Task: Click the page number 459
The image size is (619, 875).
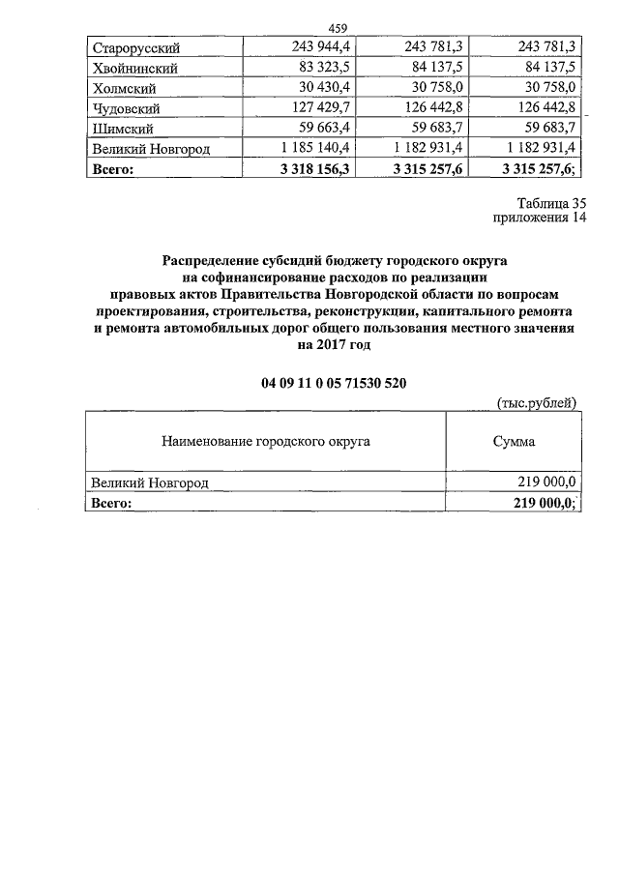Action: pyautogui.click(x=339, y=27)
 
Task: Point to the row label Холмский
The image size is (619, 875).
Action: pyautogui.click(x=124, y=87)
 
